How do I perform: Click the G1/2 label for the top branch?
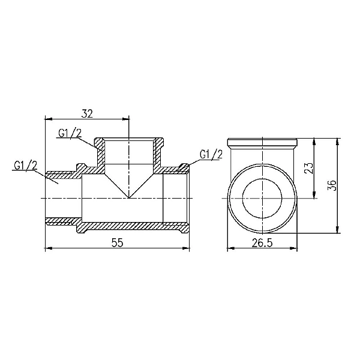coord(70,134)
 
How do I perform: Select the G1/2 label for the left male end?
coord(25,166)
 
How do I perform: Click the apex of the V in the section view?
coord(129,197)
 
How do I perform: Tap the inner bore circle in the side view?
coord(263,197)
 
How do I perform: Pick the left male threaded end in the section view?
coord(60,197)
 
